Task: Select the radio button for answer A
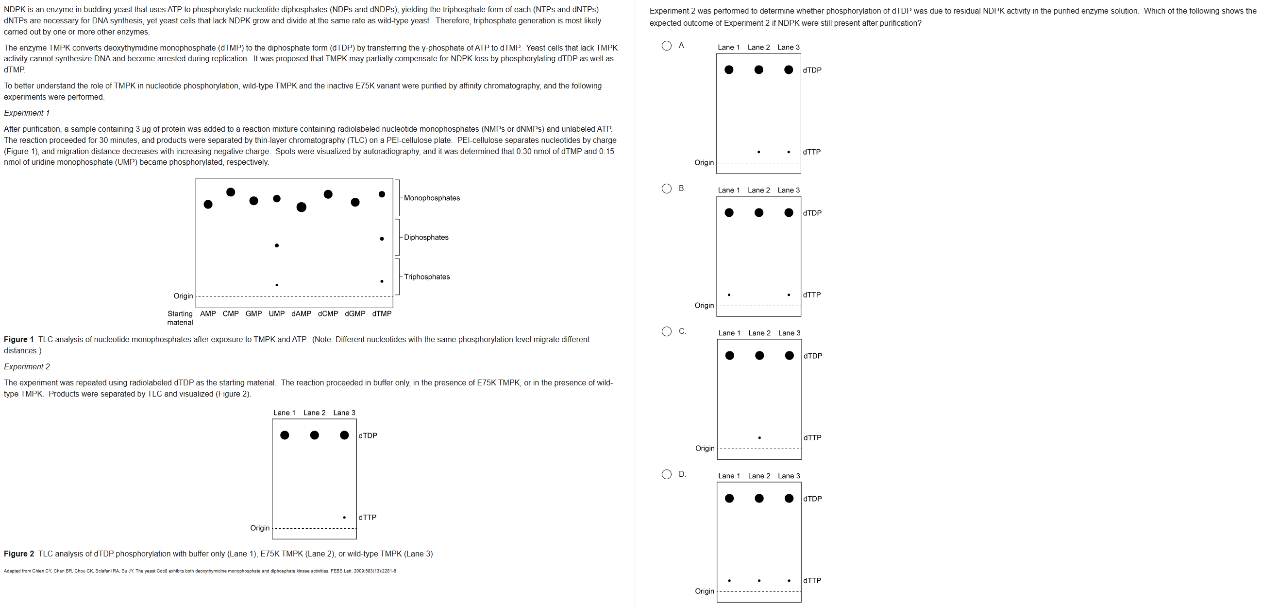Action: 666,46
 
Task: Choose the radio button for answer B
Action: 666,188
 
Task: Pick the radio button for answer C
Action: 666,331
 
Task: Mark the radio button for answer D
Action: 666,474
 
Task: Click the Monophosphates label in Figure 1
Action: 432,198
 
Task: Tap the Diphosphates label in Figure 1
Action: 426,237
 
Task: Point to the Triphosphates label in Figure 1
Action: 427,277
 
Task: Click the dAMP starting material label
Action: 301,314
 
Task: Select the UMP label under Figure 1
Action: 276,314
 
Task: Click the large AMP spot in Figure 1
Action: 208,204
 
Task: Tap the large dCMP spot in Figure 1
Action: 328,194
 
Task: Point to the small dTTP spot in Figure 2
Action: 344,517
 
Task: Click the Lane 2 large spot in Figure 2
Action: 315,435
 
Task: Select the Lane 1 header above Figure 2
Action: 284,413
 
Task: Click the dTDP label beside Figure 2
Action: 368,435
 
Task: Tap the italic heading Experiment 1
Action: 26,113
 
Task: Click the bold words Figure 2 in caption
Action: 18,554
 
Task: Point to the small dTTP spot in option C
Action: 759,437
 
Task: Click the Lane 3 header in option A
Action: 788,47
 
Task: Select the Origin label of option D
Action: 704,591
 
